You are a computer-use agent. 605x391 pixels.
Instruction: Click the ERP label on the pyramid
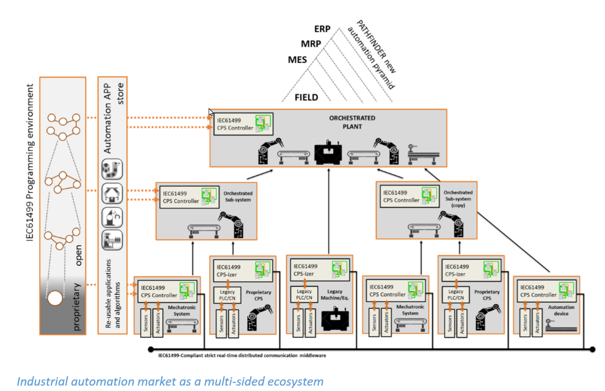coord(322,29)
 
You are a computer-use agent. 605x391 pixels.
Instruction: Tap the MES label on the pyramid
coord(297,60)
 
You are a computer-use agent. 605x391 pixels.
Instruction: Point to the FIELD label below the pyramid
coord(306,97)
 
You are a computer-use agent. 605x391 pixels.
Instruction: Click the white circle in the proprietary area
coord(56,298)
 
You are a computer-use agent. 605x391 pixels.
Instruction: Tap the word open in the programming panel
coord(78,255)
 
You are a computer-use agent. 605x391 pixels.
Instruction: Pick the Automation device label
coord(558,311)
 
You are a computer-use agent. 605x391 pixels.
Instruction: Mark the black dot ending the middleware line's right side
coord(592,349)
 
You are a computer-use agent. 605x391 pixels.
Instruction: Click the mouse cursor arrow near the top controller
coord(211,112)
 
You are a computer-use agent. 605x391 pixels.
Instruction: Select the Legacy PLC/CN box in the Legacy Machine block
coord(304,294)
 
